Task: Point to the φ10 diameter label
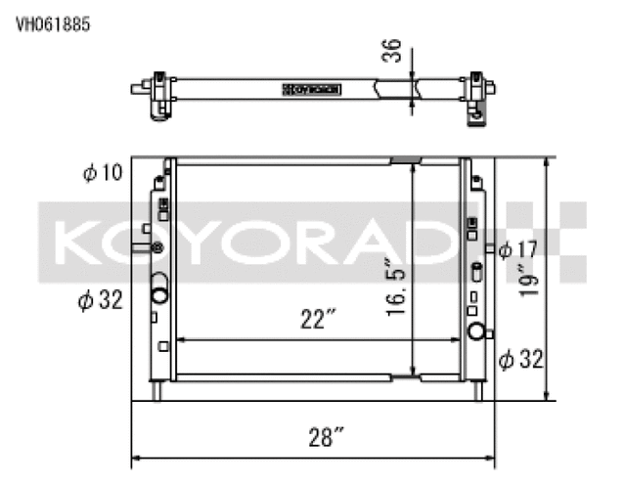pos(103,174)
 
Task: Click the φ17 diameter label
pos(517,249)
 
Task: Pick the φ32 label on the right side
pos(519,359)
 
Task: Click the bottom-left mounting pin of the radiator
pos(157,391)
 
